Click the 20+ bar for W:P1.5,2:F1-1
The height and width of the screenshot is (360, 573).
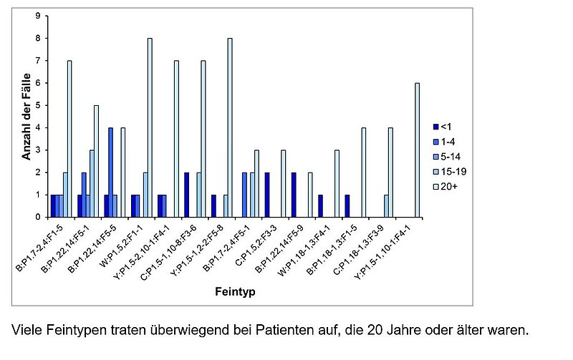[150, 127]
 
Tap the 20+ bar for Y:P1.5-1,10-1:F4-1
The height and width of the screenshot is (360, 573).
[417, 150]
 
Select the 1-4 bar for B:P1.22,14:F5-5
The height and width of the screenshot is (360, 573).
[110, 172]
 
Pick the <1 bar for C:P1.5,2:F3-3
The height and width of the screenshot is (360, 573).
[267, 195]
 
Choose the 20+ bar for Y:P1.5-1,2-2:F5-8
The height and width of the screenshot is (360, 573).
[230, 127]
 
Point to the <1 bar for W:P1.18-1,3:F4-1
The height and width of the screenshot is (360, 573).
[321, 205]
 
